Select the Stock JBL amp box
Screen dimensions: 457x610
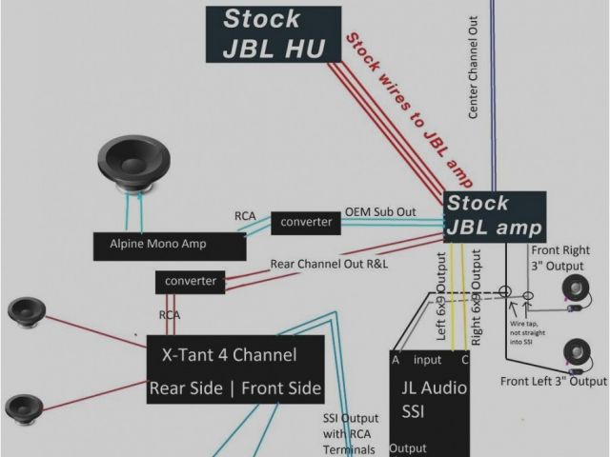coord(495,215)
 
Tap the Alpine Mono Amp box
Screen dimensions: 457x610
coord(161,245)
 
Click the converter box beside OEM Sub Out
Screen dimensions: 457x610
coord(306,222)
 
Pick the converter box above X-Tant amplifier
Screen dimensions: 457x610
coord(191,282)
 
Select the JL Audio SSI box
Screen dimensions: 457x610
coord(429,400)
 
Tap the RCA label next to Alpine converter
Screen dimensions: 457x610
coord(246,216)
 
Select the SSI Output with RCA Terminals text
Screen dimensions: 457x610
coord(348,433)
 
